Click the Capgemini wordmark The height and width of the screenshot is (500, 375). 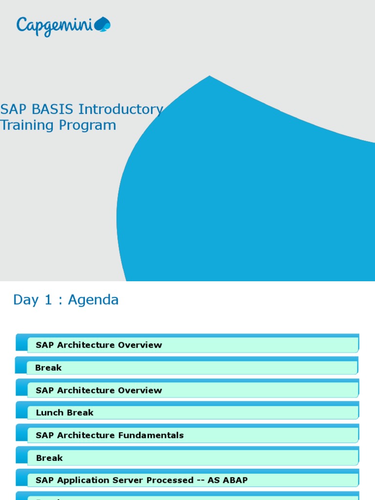pos(55,25)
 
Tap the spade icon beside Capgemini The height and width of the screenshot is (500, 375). pos(103,24)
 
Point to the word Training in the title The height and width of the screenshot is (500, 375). pos(27,125)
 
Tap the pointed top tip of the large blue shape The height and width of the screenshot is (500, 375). pos(209,76)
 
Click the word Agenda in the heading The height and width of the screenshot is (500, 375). pos(93,300)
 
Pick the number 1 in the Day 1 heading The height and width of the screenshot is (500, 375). pos(48,300)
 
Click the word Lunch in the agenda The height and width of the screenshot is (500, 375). pos(50,413)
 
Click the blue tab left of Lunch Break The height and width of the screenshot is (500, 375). pos(21,411)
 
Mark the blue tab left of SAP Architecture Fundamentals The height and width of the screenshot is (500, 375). pos(21,433)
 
